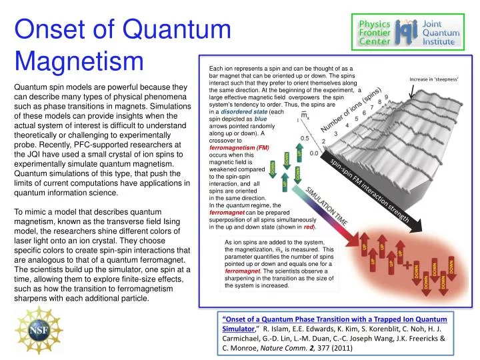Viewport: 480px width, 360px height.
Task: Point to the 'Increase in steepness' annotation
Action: pos(437,77)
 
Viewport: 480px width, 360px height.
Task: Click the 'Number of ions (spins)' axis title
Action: pos(352,120)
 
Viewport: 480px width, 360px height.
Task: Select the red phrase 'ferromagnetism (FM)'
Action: pos(239,147)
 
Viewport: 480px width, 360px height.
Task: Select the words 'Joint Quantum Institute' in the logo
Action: pos(439,31)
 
